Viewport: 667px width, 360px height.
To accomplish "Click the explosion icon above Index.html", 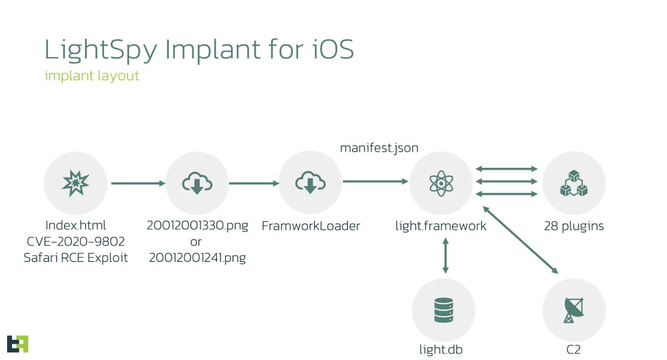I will tap(76, 183).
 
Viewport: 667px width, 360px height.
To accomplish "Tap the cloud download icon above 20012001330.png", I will tap(197, 183).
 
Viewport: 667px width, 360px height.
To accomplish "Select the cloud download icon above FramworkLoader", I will tap(310, 183).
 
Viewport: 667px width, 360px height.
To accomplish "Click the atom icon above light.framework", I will tap(441, 183).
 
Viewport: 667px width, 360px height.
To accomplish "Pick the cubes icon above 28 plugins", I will tap(574, 183).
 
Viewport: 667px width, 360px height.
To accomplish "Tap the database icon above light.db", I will tap(443, 310).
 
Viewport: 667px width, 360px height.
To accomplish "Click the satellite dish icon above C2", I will tap(574, 310).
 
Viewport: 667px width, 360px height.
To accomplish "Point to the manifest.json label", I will tap(379, 148).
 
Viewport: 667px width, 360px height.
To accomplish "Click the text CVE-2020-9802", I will tap(76, 241).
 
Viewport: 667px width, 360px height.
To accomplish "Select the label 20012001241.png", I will tap(197, 258).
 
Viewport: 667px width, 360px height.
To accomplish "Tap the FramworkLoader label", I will tap(311, 226).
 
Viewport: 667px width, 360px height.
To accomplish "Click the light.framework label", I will tap(441, 226).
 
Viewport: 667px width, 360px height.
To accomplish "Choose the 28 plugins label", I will tap(574, 226).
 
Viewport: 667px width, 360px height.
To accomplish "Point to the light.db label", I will tap(441, 349).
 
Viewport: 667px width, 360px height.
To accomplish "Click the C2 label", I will tap(573, 349).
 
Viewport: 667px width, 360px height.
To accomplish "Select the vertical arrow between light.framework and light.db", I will tap(445, 255).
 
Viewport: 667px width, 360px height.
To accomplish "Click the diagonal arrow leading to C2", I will tap(520, 240).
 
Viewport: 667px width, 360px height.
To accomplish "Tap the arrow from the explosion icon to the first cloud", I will tap(138, 183).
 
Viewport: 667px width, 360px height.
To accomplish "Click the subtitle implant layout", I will tap(92, 76).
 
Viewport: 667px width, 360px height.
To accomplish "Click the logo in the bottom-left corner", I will tap(18, 344).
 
